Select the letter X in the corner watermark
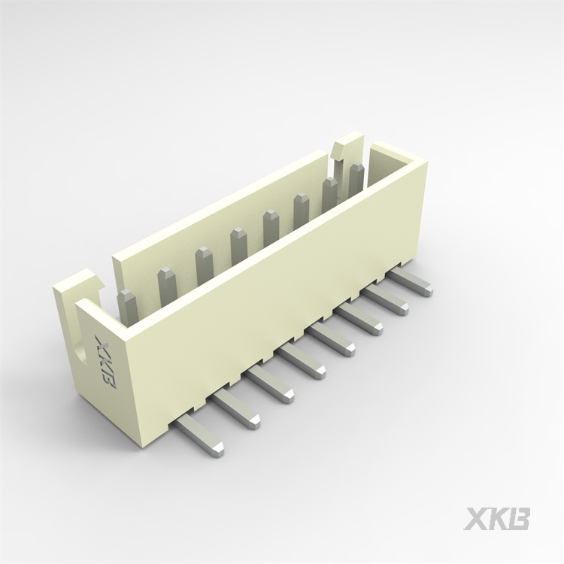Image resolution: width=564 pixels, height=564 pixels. click(x=475, y=518)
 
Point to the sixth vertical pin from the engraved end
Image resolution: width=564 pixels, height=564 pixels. click(x=301, y=211)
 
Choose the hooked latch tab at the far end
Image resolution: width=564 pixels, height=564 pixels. click(x=348, y=143)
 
